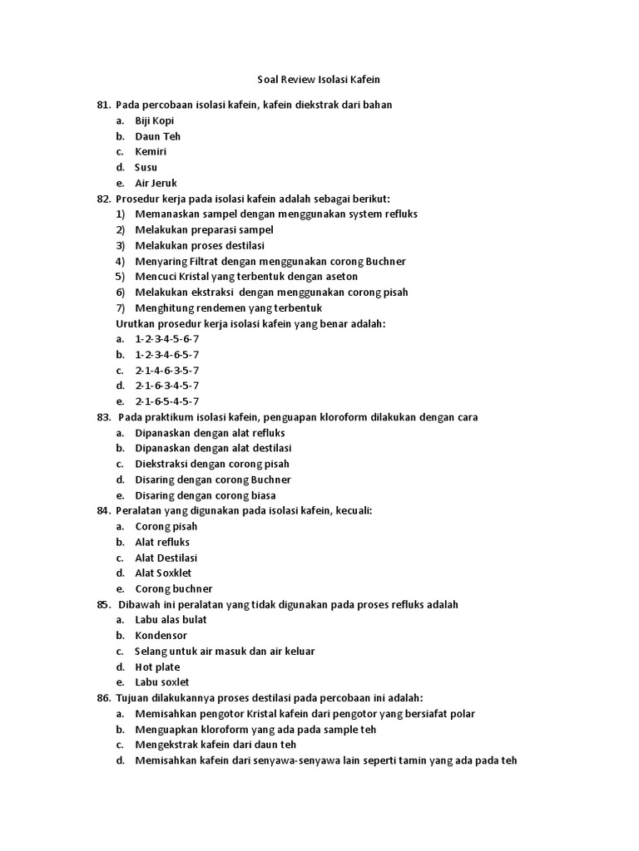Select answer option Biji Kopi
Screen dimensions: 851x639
click(155, 121)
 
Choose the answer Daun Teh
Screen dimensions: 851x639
click(157, 136)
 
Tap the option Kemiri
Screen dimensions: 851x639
click(151, 152)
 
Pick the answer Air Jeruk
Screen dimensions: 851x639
click(156, 183)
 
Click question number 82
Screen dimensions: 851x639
click(103, 199)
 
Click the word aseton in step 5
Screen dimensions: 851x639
click(341, 277)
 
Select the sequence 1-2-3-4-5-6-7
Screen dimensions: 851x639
click(167, 339)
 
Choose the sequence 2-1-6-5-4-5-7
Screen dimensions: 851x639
click(167, 401)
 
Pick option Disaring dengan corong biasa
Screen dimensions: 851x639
click(206, 495)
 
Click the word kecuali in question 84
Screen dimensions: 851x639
click(353, 511)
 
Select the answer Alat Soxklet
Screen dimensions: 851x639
click(163, 573)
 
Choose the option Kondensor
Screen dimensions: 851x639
click(161, 636)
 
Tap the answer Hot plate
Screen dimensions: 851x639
click(157, 667)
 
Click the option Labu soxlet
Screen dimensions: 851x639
click(162, 682)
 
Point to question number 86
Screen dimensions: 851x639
click(103, 698)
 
